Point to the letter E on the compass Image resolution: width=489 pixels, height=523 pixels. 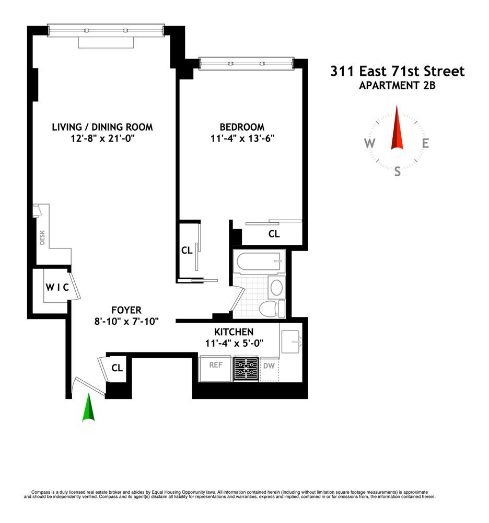tap(426, 144)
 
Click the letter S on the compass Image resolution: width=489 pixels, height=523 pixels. tap(398, 171)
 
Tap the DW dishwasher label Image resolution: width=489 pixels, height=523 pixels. tap(269, 366)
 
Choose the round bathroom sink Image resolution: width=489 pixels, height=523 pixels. tap(276, 287)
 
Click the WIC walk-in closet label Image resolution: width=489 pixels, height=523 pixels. tap(56, 287)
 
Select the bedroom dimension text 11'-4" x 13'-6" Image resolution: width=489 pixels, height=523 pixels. tap(241, 139)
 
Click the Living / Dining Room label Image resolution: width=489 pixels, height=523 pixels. tap(102, 127)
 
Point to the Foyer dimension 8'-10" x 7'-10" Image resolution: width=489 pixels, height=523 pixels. tap(123, 321)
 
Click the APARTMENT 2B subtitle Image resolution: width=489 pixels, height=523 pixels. tap(397, 86)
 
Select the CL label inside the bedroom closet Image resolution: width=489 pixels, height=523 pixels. tap(274, 234)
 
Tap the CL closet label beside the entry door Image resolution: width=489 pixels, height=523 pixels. tap(117, 368)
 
